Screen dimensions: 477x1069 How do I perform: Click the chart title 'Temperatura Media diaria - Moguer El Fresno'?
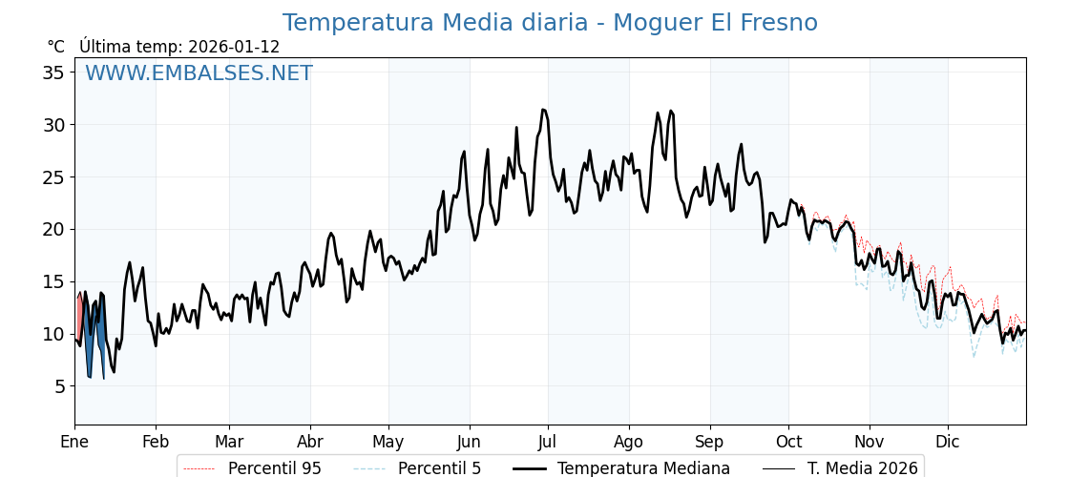(x=550, y=23)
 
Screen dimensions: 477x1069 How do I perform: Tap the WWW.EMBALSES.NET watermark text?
(x=199, y=73)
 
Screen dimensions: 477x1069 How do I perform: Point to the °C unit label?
(x=56, y=47)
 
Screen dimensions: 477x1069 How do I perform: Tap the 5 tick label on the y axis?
(x=60, y=386)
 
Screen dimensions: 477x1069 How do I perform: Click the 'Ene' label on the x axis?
(x=74, y=443)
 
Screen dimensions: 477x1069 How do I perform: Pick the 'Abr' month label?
(x=310, y=443)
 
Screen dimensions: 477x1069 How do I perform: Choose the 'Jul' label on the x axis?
(x=548, y=443)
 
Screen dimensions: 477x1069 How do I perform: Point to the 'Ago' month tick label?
(x=629, y=443)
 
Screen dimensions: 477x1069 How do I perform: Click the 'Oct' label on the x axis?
(x=788, y=443)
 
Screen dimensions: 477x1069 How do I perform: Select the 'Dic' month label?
(x=948, y=443)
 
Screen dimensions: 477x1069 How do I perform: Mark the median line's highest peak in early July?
(x=543, y=110)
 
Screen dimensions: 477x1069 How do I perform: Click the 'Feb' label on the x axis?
(x=156, y=443)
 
